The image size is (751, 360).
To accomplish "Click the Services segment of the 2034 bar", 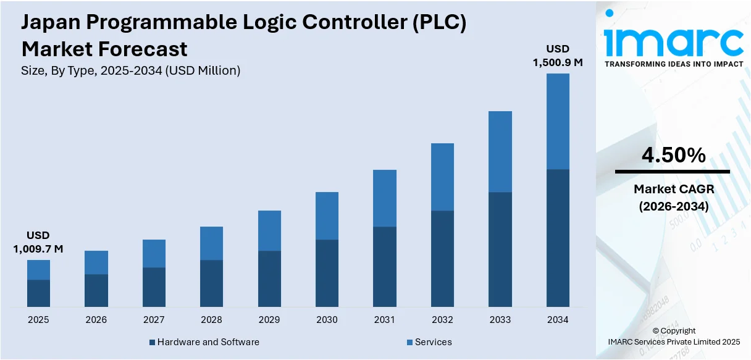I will [558, 122].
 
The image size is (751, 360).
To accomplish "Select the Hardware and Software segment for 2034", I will [558, 238].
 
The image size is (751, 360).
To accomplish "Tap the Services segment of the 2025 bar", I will [38, 270].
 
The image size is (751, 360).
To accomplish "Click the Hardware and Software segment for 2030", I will [327, 273].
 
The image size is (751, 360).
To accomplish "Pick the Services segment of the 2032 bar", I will [442, 177].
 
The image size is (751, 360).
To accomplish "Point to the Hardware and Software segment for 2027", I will [154, 287].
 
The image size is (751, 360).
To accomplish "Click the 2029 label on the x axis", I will [269, 320].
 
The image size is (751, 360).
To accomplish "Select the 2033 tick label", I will [500, 320].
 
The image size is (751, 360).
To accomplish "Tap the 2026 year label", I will [96, 320].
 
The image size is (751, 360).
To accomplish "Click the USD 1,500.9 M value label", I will [558, 56].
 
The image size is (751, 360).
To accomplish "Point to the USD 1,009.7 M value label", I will [38, 242].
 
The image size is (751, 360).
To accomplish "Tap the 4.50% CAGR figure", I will [673, 156].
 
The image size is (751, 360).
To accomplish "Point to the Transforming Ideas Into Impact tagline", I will [673, 64].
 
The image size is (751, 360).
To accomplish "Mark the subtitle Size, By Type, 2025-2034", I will [130, 70].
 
